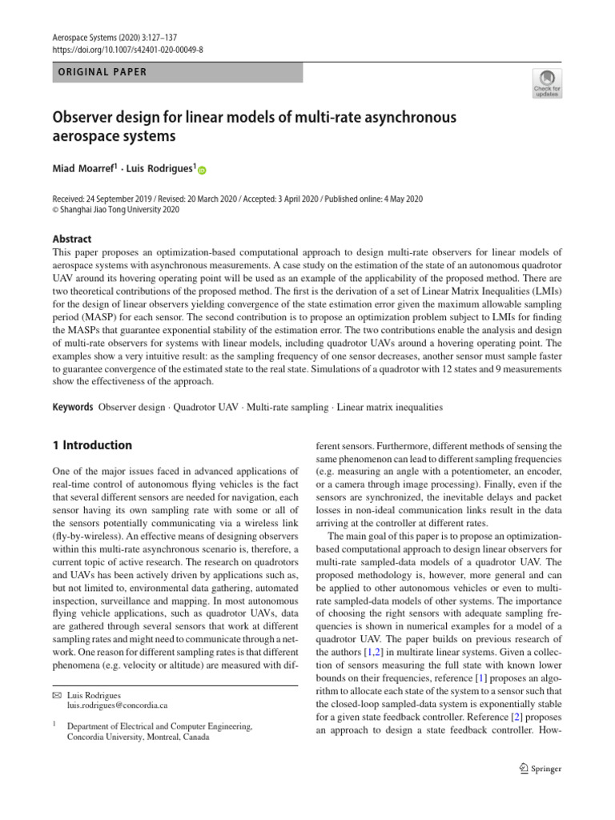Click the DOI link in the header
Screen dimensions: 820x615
(128, 49)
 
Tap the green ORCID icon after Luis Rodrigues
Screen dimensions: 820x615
(201, 170)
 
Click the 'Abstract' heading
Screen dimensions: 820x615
(71, 239)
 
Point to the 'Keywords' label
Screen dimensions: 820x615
(73, 407)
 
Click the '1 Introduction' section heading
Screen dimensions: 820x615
(92, 445)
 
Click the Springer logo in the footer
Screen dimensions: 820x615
(540, 769)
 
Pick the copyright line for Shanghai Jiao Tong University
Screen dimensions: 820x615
(115, 210)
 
